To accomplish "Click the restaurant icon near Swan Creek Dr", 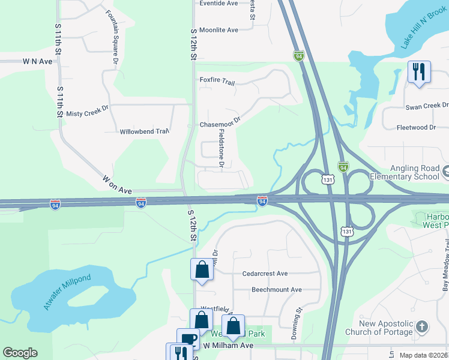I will (x=418, y=72).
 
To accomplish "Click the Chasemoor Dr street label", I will (x=220, y=123).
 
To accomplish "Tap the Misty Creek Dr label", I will (x=86, y=113).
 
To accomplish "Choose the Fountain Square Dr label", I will (x=111, y=37).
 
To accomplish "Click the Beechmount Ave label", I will (x=276, y=289).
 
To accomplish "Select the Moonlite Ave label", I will (x=218, y=30).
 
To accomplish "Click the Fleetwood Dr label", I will (x=416, y=127).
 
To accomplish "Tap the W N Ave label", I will (x=38, y=61).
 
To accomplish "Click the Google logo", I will (x=20, y=353).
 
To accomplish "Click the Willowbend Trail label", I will (x=144, y=131).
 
